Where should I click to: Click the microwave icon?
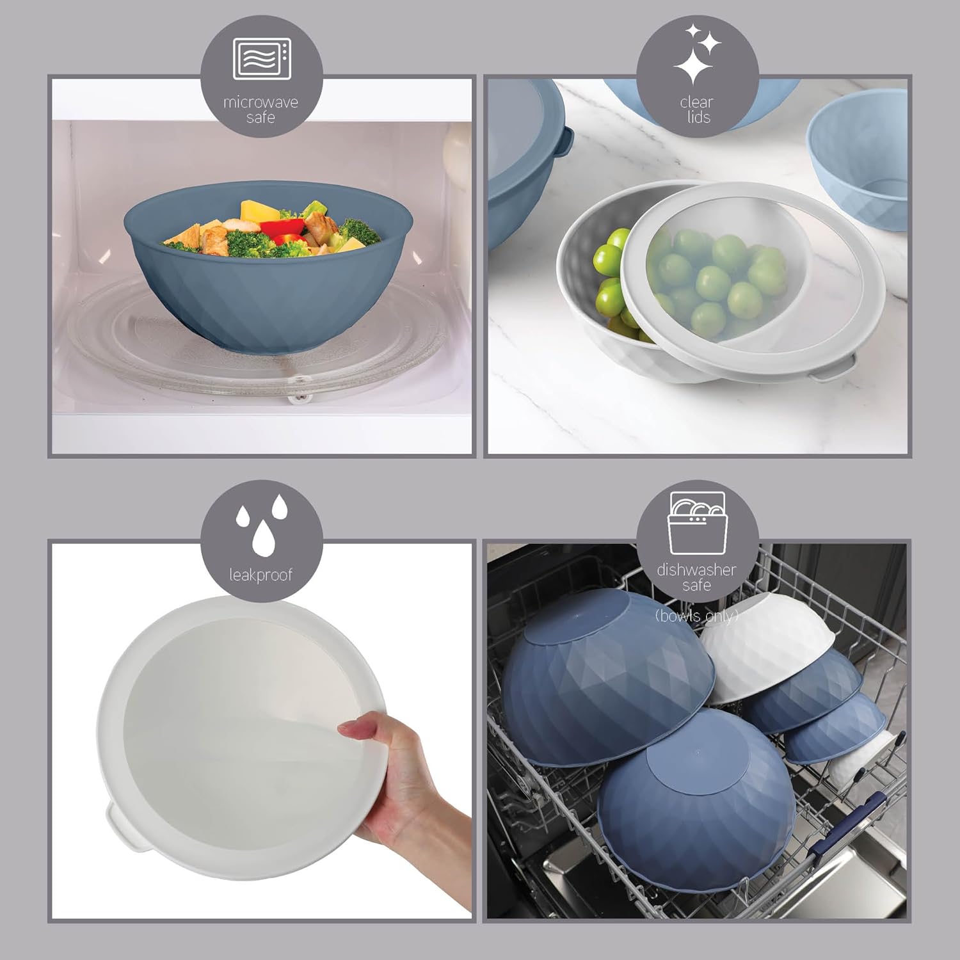[262, 58]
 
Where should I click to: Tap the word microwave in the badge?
[261, 102]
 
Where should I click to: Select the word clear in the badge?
[697, 102]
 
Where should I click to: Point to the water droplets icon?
[261, 526]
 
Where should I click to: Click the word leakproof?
[261, 575]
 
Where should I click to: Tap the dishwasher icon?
[698, 523]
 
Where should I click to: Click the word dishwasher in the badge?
[697, 570]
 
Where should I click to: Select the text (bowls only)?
[697, 616]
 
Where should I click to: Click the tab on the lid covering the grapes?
[835, 370]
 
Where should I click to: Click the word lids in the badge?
[698, 117]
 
